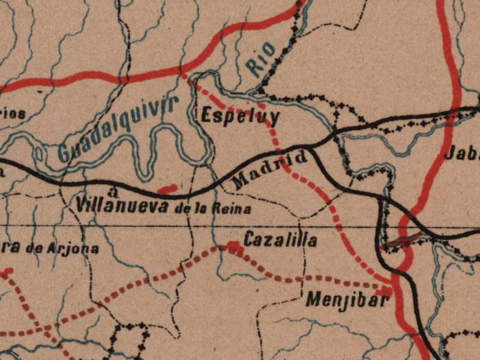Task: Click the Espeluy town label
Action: tap(240, 116)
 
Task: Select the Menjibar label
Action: tap(346, 299)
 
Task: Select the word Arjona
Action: tap(77, 248)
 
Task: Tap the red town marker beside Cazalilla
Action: tap(233, 245)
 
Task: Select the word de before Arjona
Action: tap(41, 248)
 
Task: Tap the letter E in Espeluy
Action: tap(208, 115)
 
